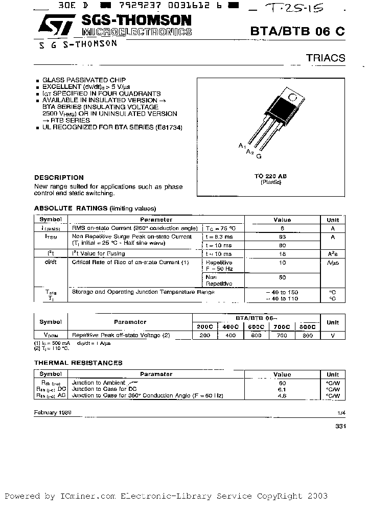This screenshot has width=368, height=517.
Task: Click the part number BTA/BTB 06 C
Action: pyautogui.click(x=297, y=31)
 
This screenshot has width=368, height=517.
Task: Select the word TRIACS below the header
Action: pyautogui.click(x=326, y=58)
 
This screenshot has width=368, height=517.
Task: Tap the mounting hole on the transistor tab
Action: pyautogui.click(x=292, y=97)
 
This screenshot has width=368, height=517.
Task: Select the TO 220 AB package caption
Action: pyautogui.click(x=270, y=176)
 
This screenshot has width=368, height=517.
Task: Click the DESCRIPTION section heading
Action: pyautogui.click(x=59, y=177)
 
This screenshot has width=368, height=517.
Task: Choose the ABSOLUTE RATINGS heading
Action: pyautogui.click(x=71, y=208)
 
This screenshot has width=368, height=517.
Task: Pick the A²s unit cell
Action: pyautogui.click(x=332, y=254)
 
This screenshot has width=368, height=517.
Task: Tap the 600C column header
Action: pyautogui.click(x=256, y=326)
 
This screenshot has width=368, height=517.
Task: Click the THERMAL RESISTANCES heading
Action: pyautogui.click(x=78, y=363)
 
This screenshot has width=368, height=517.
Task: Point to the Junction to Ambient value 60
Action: pyautogui.click(x=282, y=383)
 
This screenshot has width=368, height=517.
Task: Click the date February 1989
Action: pyautogui.click(x=53, y=412)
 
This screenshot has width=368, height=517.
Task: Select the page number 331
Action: pyautogui.click(x=340, y=426)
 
